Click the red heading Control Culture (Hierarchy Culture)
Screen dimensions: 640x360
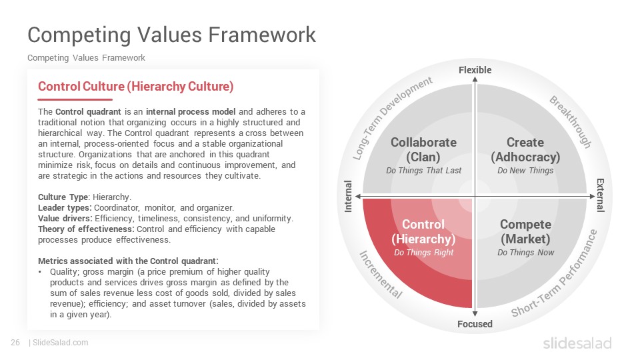point(135,87)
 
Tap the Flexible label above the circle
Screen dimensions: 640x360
point(475,70)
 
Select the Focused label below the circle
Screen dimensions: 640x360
point(475,324)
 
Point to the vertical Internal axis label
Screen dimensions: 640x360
point(348,196)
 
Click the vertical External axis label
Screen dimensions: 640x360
point(601,195)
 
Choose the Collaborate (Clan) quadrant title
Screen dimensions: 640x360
point(424,149)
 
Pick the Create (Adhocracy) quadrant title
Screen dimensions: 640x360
point(525,149)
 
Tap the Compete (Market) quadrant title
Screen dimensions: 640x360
point(526,231)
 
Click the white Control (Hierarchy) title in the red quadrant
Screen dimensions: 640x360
point(423,231)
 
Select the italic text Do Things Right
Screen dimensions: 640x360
point(424,253)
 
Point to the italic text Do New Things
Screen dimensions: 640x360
point(525,171)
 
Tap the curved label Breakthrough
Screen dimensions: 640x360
point(571,121)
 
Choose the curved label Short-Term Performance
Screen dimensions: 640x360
point(555,273)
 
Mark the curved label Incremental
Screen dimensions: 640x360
point(381,274)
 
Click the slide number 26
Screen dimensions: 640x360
point(15,343)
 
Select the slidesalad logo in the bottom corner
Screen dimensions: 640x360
point(577,343)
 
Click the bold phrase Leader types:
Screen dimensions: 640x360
point(65,208)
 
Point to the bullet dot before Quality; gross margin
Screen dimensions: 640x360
point(40,272)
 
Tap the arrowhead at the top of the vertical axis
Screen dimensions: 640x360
point(475,79)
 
